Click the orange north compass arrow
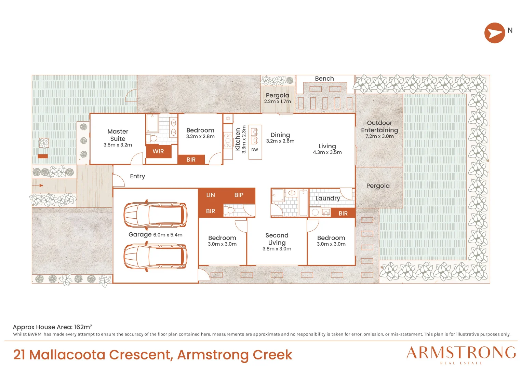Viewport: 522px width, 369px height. tap(495, 33)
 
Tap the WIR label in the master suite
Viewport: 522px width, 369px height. tap(158, 151)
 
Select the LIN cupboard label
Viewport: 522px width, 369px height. tap(211, 195)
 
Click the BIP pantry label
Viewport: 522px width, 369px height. tap(239, 195)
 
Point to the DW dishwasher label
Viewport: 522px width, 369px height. tap(255, 150)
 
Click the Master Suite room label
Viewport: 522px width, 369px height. tap(118, 138)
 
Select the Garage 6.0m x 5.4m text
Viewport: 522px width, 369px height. tap(156, 235)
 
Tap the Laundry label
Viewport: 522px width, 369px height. tap(327, 199)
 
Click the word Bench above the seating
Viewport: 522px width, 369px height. tap(324, 79)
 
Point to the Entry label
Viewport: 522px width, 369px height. tap(137, 176)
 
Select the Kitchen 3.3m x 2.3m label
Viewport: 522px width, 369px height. tap(241, 139)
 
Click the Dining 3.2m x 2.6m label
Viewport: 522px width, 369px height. tap(280, 138)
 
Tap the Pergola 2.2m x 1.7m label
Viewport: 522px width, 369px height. tap(278, 98)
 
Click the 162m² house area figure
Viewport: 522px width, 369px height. tap(83, 327)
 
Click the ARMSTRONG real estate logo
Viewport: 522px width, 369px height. tap(461, 355)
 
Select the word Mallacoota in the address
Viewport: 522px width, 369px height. tap(67, 355)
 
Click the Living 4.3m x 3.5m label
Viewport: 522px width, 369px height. tap(327, 149)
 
